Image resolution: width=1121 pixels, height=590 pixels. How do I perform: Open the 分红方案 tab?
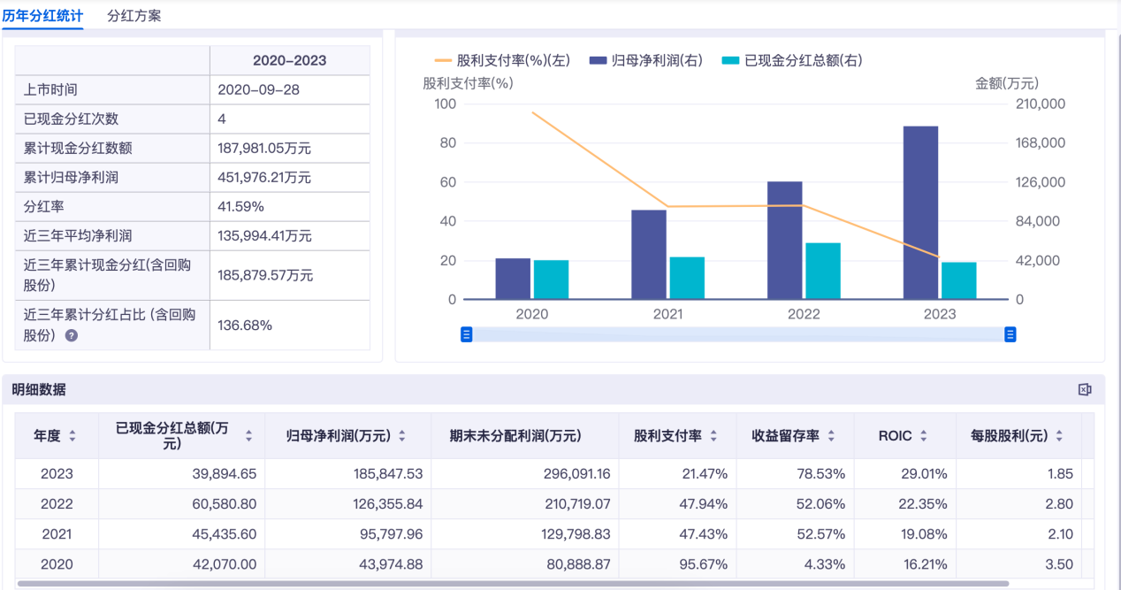133,16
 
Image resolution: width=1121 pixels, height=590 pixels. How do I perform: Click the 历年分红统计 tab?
42,16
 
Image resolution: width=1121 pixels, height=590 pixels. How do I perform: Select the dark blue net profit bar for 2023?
920,212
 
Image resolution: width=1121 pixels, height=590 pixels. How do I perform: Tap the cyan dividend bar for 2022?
823,271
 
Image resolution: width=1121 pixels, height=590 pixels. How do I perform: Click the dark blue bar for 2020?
513,279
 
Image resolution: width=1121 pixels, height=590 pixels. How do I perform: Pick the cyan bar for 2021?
687,278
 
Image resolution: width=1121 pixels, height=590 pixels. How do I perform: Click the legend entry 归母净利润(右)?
647,60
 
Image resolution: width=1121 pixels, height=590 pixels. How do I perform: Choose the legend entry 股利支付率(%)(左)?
503,60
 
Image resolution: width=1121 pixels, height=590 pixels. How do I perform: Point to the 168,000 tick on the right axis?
1041,143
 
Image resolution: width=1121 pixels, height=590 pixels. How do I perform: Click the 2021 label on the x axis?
667,314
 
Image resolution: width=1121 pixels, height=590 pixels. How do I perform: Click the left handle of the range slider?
467,334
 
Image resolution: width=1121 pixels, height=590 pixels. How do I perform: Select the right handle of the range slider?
1010,334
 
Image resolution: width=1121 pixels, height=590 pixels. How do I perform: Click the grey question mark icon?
72,335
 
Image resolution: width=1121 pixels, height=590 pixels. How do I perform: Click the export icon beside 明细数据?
1085,389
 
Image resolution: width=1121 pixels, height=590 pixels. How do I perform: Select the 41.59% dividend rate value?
240,207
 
